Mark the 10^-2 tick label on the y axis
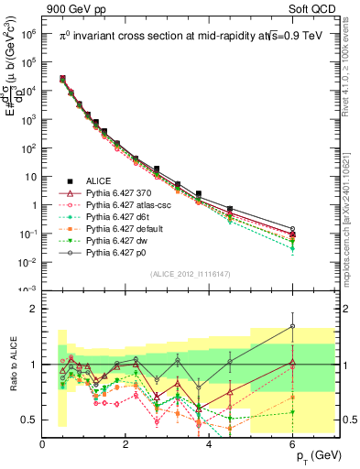(28, 263)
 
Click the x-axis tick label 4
(210, 442)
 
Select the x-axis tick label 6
(292, 442)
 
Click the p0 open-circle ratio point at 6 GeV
(292, 325)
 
